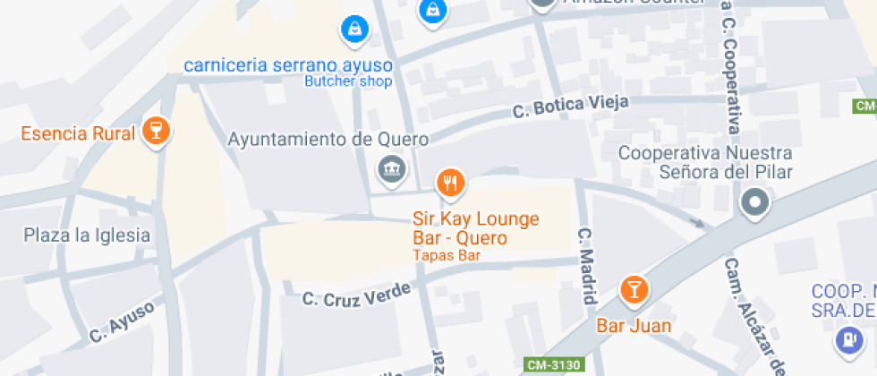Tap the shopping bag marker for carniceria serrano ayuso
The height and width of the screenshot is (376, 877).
click(x=355, y=30)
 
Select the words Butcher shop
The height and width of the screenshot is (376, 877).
click(x=348, y=81)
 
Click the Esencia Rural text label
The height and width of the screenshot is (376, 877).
click(x=78, y=134)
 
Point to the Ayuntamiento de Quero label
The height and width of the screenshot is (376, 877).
click(x=328, y=140)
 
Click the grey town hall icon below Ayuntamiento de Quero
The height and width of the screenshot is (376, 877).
click(x=391, y=168)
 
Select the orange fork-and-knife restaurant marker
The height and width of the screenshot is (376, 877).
click(x=450, y=184)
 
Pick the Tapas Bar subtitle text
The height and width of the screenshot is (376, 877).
click(x=447, y=255)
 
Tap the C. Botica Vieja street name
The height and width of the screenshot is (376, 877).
click(x=570, y=107)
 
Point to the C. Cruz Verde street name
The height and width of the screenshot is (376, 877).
click(x=356, y=293)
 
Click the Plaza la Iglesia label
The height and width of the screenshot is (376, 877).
click(x=87, y=235)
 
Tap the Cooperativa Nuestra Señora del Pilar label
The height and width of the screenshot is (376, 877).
click(x=706, y=163)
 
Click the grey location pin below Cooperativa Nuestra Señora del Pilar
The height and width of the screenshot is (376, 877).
click(x=755, y=203)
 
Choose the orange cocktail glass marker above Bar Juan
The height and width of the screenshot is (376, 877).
click(x=634, y=290)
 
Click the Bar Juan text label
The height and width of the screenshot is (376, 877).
click(x=634, y=325)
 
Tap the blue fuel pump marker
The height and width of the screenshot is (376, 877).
click(x=846, y=340)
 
